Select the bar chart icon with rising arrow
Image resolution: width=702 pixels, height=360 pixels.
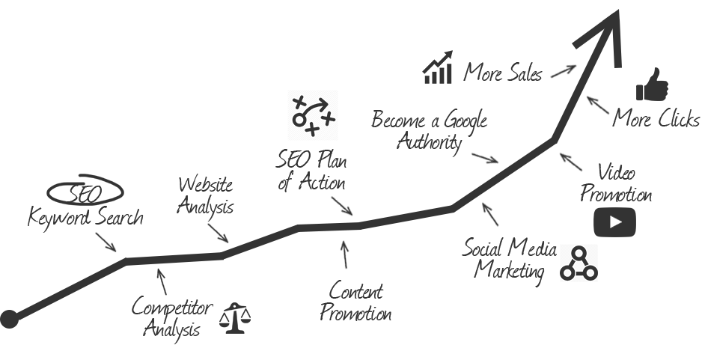(438, 67)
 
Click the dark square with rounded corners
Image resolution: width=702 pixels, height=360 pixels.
(614, 223)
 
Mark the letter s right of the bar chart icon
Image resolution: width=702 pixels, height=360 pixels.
(537, 75)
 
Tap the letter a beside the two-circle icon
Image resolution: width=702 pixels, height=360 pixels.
(552, 252)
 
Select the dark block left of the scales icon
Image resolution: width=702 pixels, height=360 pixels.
(168, 320)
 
